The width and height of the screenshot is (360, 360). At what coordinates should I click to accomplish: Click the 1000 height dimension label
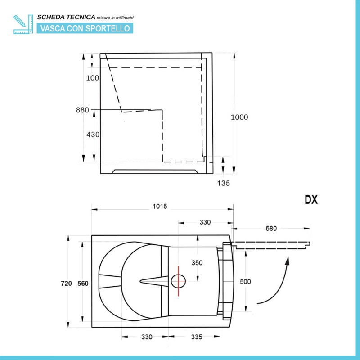[x=239, y=117]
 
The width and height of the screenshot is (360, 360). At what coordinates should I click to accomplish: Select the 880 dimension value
[x=82, y=110]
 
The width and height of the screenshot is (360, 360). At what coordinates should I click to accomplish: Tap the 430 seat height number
[x=93, y=134]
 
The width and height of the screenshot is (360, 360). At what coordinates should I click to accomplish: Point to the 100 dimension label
[x=93, y=78]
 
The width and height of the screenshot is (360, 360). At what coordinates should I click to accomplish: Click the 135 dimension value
[x=223, y=183]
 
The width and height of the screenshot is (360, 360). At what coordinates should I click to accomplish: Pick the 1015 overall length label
[x=160, y=207]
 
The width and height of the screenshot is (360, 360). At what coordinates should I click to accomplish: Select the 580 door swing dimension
[x=271, y=229]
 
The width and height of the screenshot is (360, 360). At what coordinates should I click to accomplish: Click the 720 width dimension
[x=66, y=283]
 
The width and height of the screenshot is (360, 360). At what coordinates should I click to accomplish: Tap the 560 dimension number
[x=83, y=283]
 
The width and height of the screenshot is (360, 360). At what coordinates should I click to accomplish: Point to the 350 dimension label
[x=197, y=263]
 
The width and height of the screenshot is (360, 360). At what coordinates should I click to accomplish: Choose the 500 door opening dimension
[x=245, y=282]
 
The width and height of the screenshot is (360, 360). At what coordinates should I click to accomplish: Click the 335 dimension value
[x=197, y=337]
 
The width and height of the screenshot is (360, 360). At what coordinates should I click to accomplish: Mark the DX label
[x=311, y=200]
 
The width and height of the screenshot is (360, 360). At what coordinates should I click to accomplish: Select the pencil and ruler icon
[x=23, y=24]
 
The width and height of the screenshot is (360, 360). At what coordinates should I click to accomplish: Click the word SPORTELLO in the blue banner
[x=108, y=28]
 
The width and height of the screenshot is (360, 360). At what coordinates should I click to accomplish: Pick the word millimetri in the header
[x=125, y=18]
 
